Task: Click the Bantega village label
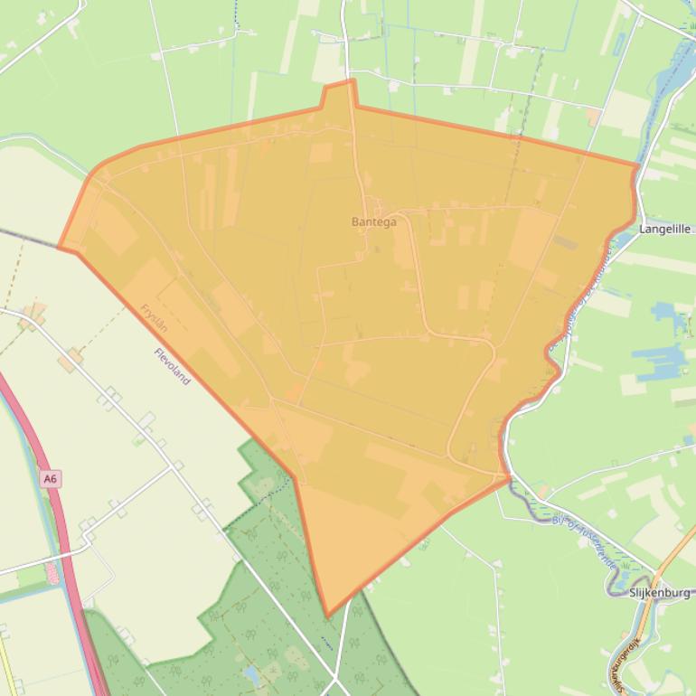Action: (x=373, y=221)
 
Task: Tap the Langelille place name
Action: (x=664, y=230)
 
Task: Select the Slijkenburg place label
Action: (x=660, y=593)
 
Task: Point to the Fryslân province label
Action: (x=154, y=317)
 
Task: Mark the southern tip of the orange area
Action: (x=327, y=616)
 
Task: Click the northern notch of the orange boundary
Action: (x=339, y=86)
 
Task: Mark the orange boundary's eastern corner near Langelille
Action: (x=637, y=165)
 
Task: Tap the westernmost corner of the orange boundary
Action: (x=60, y=246)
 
